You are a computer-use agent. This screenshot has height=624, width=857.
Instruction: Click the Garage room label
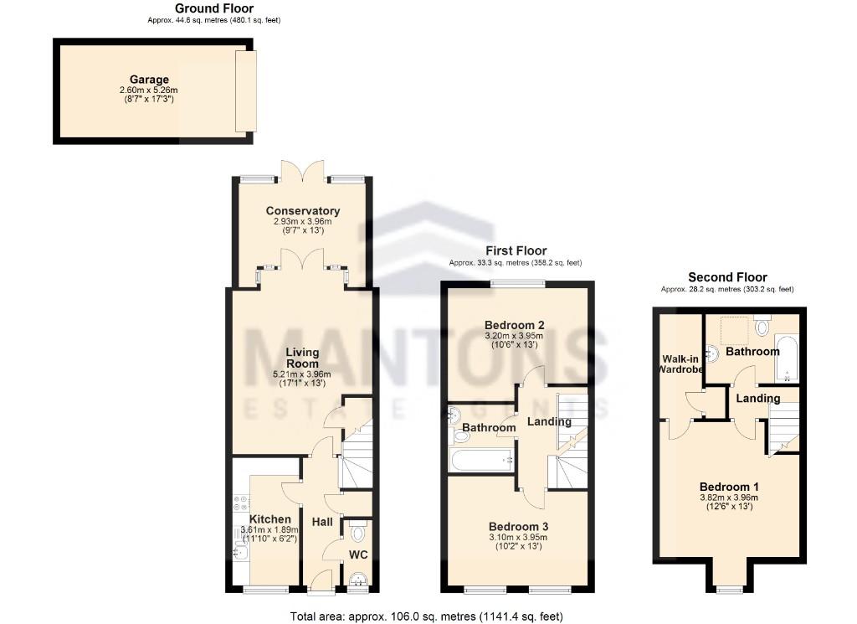click(149, 80)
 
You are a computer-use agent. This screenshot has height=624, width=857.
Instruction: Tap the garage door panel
click(246, 90)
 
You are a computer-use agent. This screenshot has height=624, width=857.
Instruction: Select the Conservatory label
click(303, 211)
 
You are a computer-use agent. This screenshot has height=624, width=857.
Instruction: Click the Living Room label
click(302, 358)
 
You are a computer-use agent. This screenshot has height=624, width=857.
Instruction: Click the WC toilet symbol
click(358, 532)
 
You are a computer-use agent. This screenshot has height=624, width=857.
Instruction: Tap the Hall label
click(322, 522)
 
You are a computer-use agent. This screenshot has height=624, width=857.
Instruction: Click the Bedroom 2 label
click(515, 325)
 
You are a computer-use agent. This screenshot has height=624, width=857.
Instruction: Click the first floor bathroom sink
click(454, 415)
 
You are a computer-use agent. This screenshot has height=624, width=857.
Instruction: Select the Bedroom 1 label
click(729, 487)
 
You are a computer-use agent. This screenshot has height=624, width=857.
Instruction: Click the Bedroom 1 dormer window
click(730, 590)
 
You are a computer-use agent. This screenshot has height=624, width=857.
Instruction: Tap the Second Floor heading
click(727, 277)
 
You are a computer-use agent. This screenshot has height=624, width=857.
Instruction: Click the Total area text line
click(432, 616)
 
